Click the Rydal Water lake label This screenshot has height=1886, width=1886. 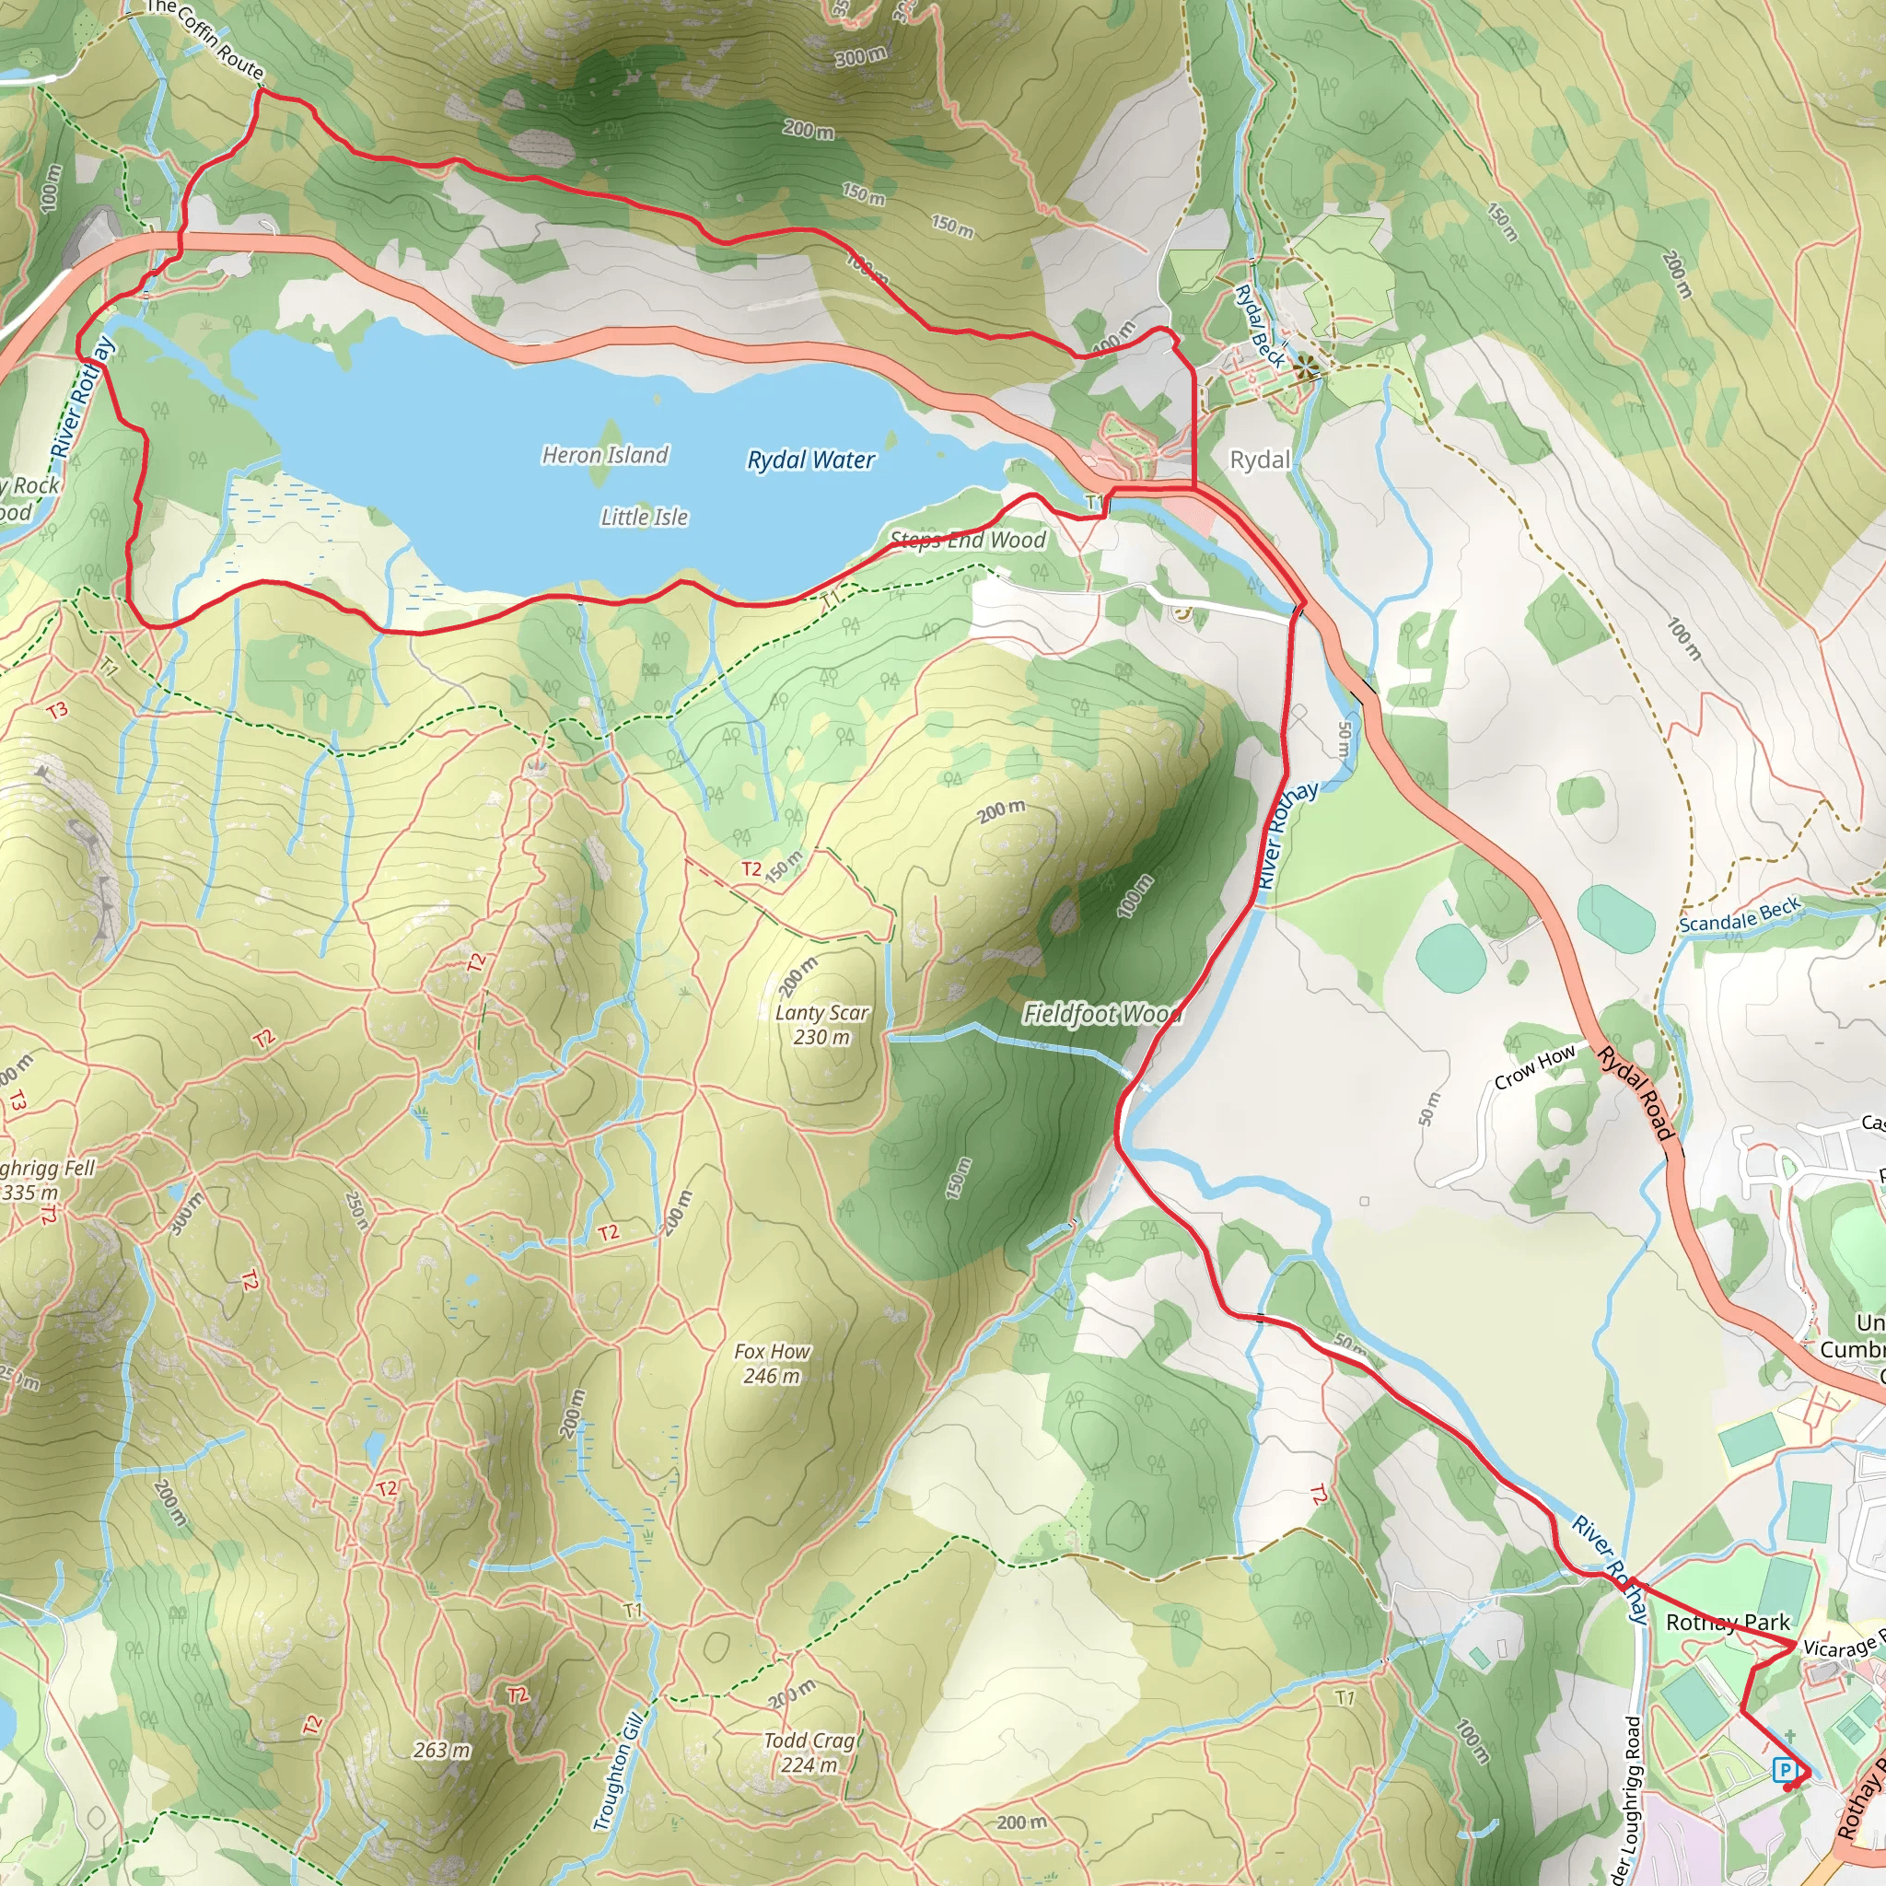click(810, 460)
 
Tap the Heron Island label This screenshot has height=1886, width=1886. click(605, 455)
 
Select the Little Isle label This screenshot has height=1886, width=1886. click(645, 518)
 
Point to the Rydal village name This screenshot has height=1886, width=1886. click(1259, 460)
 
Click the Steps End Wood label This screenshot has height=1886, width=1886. click(968, 541)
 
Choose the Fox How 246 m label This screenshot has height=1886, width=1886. click(771, 1364)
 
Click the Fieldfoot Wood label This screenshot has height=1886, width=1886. click(1101, 1014)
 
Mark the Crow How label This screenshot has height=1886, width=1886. click(1534, 1067)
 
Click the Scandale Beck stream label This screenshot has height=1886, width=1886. click(1740, 915)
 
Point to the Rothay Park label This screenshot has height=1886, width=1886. click(1727, 1623)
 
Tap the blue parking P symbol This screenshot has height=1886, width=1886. click(1785, 1769)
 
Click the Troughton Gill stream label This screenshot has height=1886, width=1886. click(619, 1772)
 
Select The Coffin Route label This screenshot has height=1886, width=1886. click(205, 39)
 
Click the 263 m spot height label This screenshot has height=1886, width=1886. click(441, 1751)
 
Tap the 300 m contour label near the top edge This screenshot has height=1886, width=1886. click(860, 55)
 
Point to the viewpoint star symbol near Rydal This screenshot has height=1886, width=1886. click(1306, 368)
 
